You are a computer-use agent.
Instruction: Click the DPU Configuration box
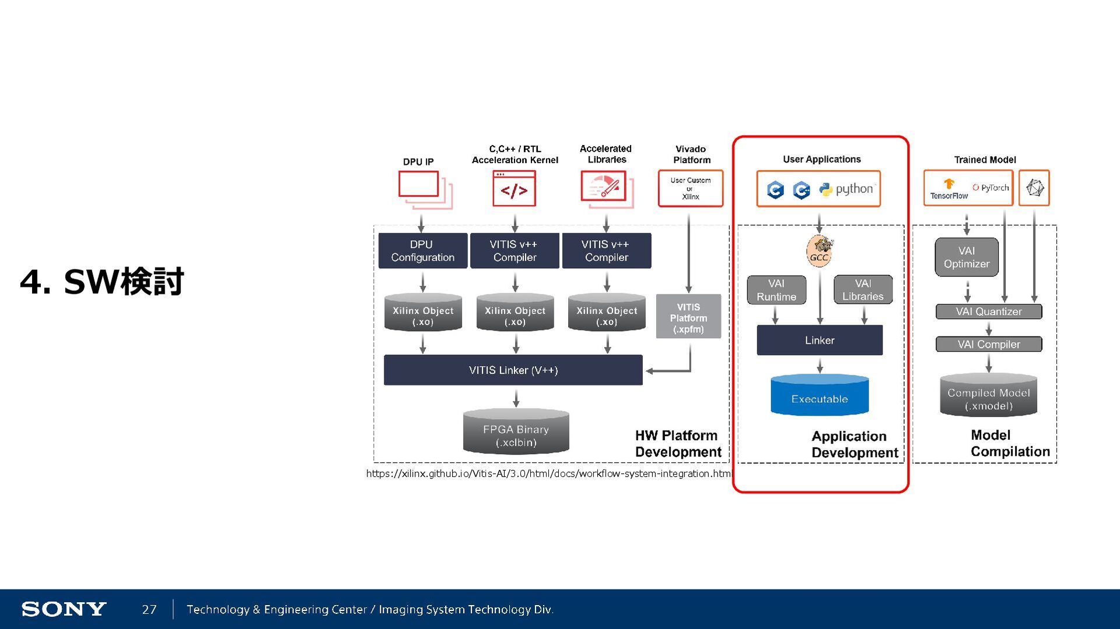click(422, 251)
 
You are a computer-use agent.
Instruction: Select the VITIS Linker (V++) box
click(513, 370)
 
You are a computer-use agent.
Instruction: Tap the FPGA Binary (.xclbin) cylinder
click(516, 432)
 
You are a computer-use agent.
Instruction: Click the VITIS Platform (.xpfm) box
click(688, 317)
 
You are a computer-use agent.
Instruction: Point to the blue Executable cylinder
click(819, 396)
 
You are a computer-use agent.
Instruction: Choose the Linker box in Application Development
click(819, 340)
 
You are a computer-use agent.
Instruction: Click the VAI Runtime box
click(776, 290)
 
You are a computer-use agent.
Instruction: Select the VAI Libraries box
click(863, 290)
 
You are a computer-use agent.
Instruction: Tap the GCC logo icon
click(820, 251)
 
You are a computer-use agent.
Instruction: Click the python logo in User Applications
click(846, 189)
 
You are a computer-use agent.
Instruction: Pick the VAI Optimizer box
click(966, 257)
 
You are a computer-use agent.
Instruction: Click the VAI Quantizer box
click(988, 312)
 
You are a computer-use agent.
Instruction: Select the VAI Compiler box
click(988, 345)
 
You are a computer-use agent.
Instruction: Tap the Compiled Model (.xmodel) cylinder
click(988, 396)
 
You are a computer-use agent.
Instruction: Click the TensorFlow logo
click(949, 189)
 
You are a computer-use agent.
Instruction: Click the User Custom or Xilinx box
click(690, 188)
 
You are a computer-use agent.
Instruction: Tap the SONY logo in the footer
click(64, 609)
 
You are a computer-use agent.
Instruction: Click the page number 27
click(149, 609)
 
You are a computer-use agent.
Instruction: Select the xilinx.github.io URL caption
click(548, 473)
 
